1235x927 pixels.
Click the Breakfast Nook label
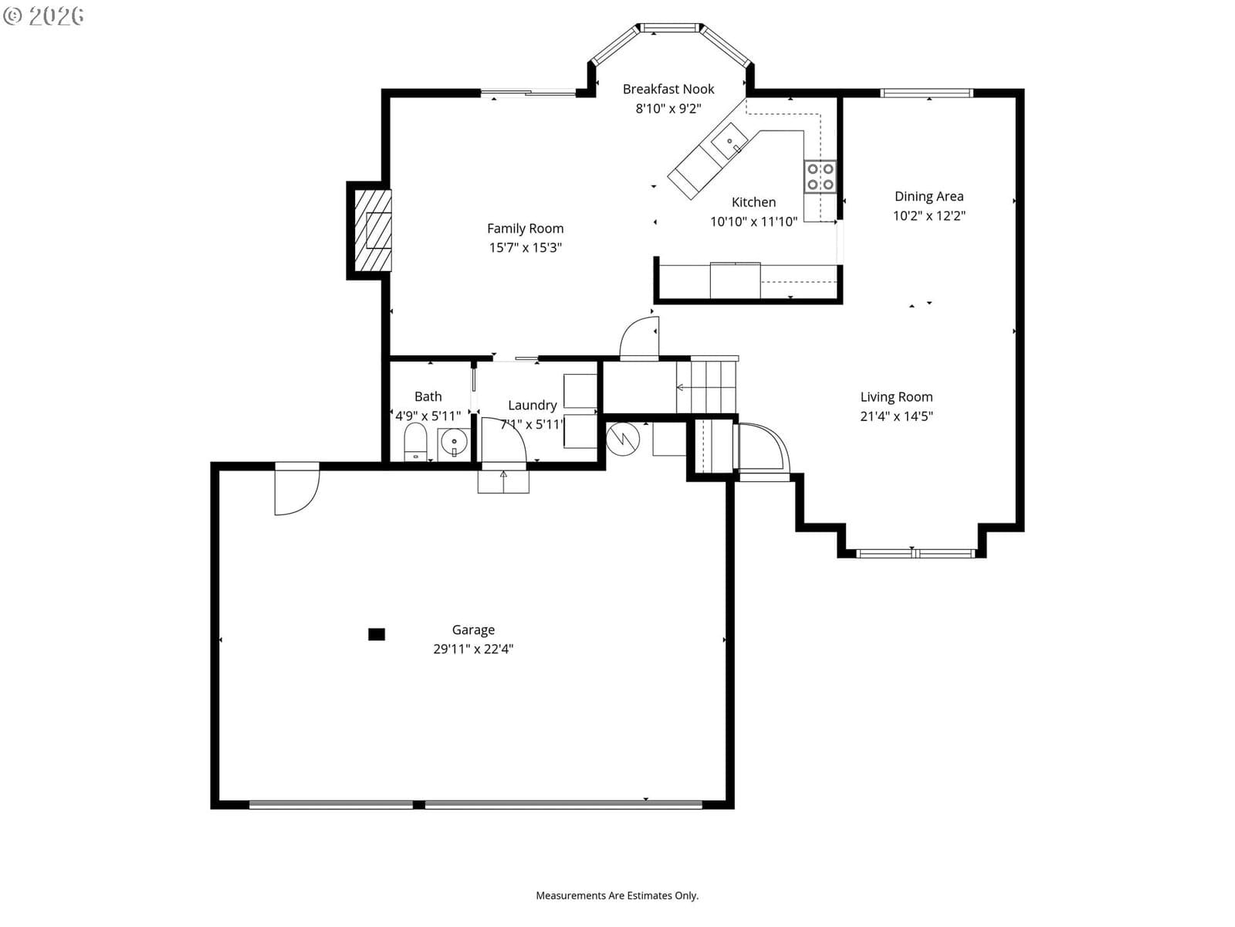click(668, 89)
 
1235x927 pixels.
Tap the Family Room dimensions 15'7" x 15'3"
click(525, 248)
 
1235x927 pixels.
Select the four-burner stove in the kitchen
click(820, 177)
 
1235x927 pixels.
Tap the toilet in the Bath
click(415, 442)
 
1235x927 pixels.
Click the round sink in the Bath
click(454, 443)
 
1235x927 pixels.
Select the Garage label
click(473, 630)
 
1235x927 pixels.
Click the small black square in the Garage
click(377, 634)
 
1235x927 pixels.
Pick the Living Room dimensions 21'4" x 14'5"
click(896, 416)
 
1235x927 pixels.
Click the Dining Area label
click(929, 196)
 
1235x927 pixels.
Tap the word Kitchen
click(753, 202)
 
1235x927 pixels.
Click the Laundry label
click(533, 406)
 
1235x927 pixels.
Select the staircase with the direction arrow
click(706, 387)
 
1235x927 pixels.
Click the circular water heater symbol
click(623, 439)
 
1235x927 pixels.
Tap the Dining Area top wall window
click(927, 93)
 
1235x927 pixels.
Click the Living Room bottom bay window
click(915, 554)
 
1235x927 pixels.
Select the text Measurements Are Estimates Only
click(617, 895)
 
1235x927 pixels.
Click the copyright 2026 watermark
click(43, 15)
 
